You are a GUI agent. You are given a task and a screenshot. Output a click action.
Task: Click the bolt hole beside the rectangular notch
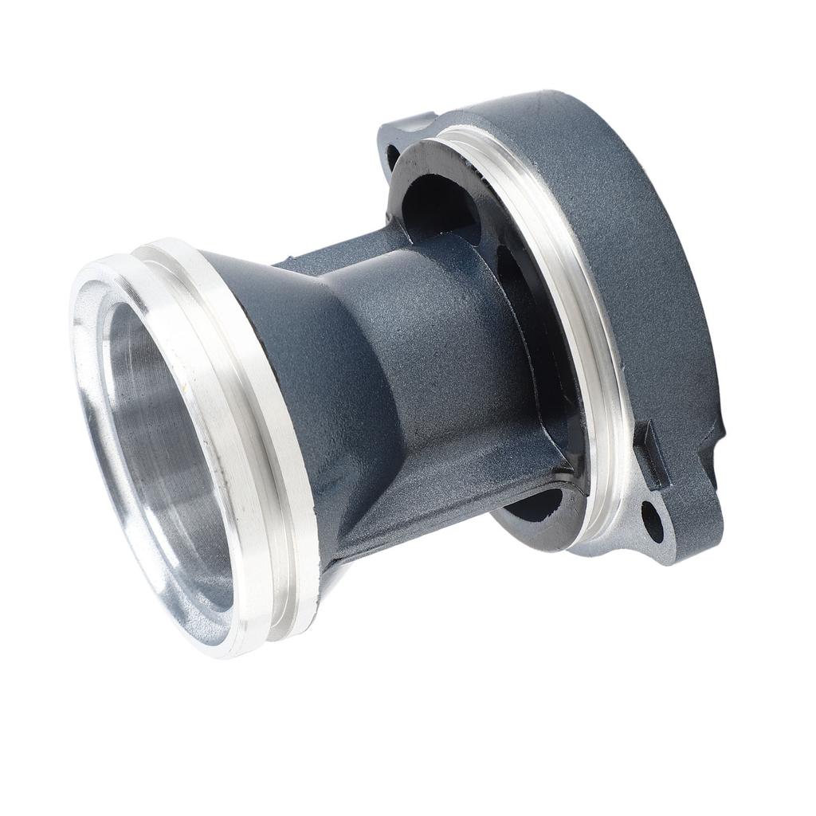651,518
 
